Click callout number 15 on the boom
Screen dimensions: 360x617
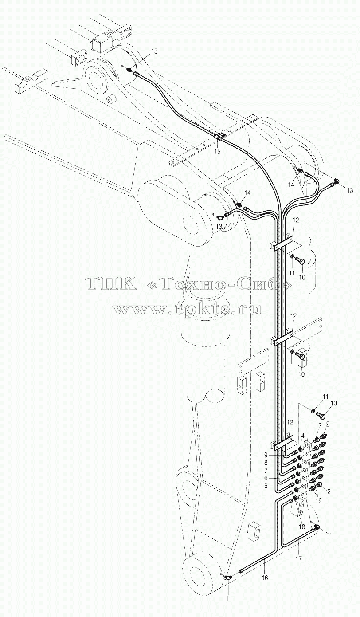coord(217,152)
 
